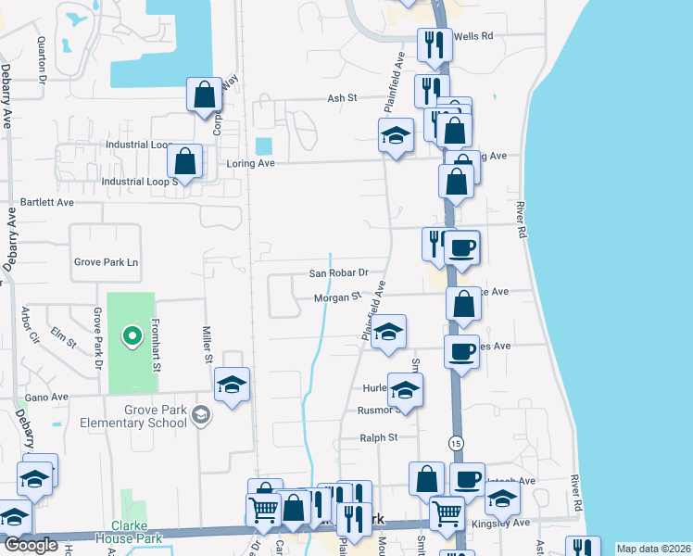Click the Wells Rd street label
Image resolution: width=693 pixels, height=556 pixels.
pyautogui.click(x=474, y=35)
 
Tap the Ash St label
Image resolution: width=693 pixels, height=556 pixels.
pyautogui.click(x=342, y=97)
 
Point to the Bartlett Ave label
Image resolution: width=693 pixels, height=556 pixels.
pyautogui.click(x=46, y=201)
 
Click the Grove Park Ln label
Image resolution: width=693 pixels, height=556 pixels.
pyautogui.click(x=106, y=262)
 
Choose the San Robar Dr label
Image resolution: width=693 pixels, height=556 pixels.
pyautogui.click(x=338, y=273)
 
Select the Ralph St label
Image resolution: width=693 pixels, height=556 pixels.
pyautogui.click(x=378, y=437)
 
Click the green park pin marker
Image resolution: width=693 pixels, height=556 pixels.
pyautogui.click(x=132, y=335)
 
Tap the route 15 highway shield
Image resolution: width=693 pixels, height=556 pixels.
pyautogui.click(x=455, y=444)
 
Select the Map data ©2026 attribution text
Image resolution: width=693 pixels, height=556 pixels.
pyautogui.click(x=653, y=549)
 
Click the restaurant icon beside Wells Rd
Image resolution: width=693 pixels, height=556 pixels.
pyautogui.click(x=432, y=44)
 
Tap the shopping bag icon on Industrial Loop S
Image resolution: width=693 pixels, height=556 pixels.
pyautogui.click(x=185, y=162)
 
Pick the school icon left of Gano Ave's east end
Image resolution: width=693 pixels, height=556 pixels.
pyautogui.click(x=232, y=385)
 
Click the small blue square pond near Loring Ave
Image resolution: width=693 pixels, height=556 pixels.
pyautogui.click(x=263, y=146)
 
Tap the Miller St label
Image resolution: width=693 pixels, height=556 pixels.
pyautogui.click(x=208, y=344)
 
